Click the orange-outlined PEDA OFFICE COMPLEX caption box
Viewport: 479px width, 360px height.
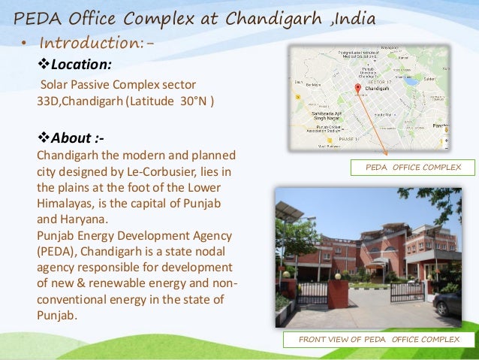[x=414, y=167]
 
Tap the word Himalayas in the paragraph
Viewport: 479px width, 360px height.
[x=67, y=204]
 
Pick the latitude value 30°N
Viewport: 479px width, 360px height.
[x=197, y=99]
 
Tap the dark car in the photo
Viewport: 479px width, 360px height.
[x=447, y=303]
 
